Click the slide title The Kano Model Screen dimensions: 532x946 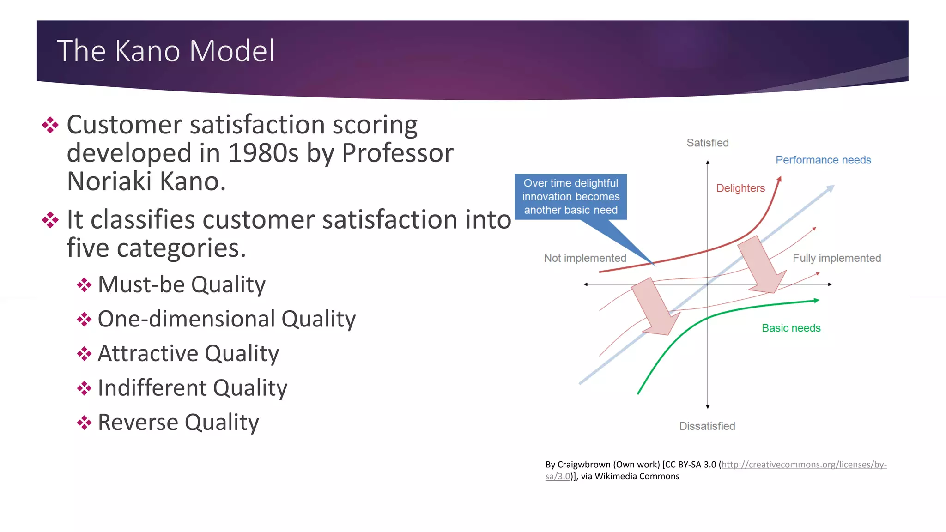[x=165, y=51]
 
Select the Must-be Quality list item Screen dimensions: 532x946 [x=182, y=284]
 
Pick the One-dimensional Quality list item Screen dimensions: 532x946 [x=226, y=319]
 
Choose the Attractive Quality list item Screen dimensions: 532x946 [x=188, y=354]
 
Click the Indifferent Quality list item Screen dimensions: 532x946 [x=192, y=388]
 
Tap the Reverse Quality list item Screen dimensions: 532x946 [x=178, y=423]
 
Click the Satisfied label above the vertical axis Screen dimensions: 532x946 [x=707, y=143]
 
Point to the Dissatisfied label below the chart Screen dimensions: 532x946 [x=707, y=426]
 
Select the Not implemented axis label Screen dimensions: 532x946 [x=585, y=258]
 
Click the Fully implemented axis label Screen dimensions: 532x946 [x=837, y=258]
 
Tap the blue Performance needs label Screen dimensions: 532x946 [x=823, y=160]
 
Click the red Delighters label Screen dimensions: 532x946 [x=740, y=188]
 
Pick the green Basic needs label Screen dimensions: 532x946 [x=791, y=328]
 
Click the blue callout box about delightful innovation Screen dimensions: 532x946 [x=570, y=197]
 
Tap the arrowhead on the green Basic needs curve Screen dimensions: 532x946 [x=816, y=301]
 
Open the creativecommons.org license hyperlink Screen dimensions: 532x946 [x=804, y=465]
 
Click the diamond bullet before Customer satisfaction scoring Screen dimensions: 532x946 [x=50, y=125]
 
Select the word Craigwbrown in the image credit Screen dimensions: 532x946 [x=584, y=465]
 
